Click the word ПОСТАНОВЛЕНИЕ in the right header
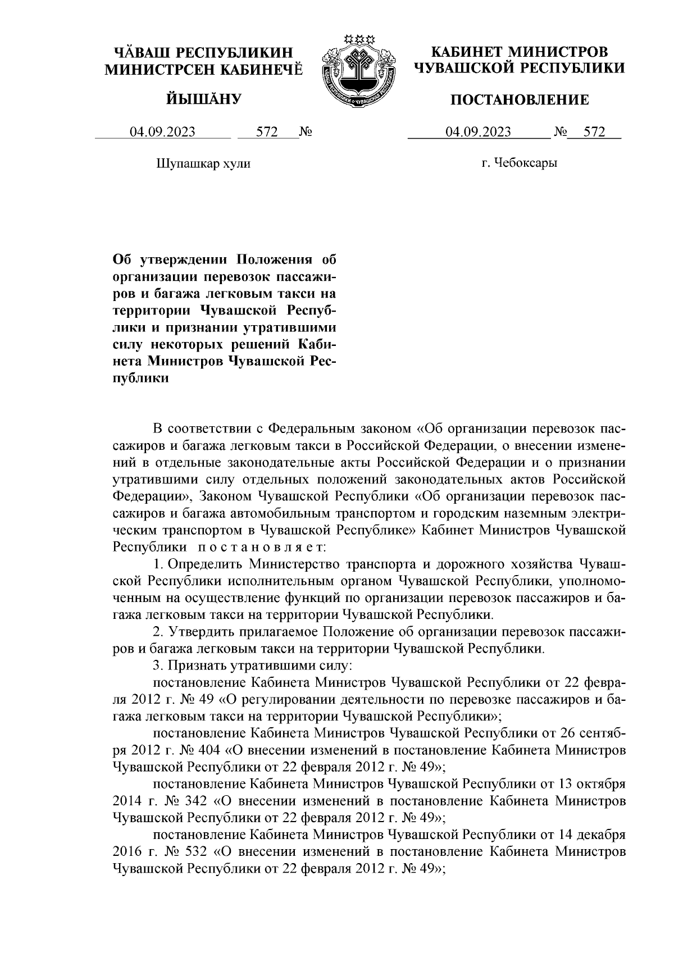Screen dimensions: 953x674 point(521,100)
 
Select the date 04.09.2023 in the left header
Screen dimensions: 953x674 point(163,132)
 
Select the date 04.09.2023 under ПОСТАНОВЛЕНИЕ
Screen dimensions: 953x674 point(478,132)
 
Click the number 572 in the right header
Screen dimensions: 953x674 point(594,132)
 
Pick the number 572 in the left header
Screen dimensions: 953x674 point(267,132)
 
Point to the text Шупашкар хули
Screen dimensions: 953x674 point(202,164)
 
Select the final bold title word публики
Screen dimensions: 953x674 point(141,378)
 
